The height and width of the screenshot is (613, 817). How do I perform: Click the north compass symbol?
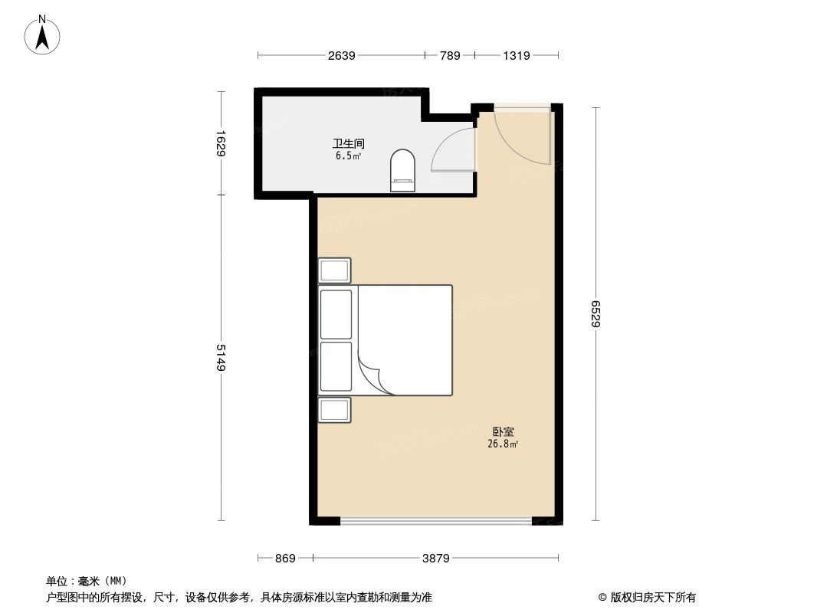43,34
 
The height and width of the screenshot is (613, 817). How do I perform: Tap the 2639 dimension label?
341,55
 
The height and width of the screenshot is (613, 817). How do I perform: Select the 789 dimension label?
450,55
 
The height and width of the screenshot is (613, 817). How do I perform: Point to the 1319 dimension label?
517,55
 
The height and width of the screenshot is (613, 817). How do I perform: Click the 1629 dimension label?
221,143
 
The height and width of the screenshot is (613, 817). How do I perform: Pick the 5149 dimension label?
221,357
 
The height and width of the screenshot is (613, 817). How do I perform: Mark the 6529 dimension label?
596,313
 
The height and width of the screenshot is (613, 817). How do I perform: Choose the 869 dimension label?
285,559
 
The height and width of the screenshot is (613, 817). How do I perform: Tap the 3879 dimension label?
435,559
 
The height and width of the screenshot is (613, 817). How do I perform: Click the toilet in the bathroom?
402,170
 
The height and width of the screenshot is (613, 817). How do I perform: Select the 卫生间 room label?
348,143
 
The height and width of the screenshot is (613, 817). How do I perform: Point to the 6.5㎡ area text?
348,156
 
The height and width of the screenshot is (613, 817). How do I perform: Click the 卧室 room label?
503,432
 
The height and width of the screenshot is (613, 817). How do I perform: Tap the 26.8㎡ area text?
503,444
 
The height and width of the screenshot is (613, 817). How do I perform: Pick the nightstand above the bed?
335,270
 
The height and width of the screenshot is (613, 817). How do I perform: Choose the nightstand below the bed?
335,410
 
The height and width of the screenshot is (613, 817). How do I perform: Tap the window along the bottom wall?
435,521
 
